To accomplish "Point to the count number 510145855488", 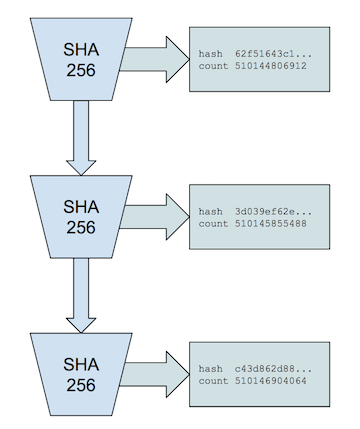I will pos(271,224).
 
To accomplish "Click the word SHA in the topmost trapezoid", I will pos(82,48).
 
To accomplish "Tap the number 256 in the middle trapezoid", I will pos(82,227).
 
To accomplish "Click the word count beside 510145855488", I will pos(214,224).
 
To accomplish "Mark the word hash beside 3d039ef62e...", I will pos(212,211).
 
